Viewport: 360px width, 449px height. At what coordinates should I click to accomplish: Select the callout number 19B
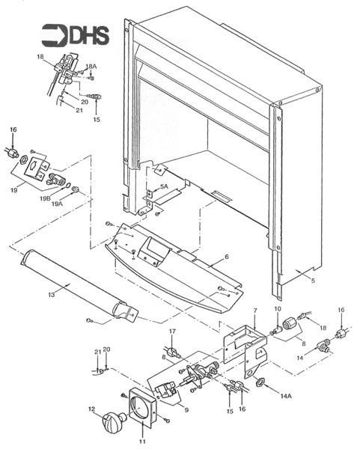click(46, 198)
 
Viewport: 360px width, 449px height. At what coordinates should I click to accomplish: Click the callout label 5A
click(164, 186)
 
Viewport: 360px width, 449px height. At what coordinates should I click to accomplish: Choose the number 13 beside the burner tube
click(51, 296)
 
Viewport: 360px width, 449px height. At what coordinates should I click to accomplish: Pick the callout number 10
click(276, 309)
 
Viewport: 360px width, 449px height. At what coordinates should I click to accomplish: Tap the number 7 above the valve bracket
click(254, 309)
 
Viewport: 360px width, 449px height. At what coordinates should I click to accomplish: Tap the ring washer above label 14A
click(260, 383)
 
